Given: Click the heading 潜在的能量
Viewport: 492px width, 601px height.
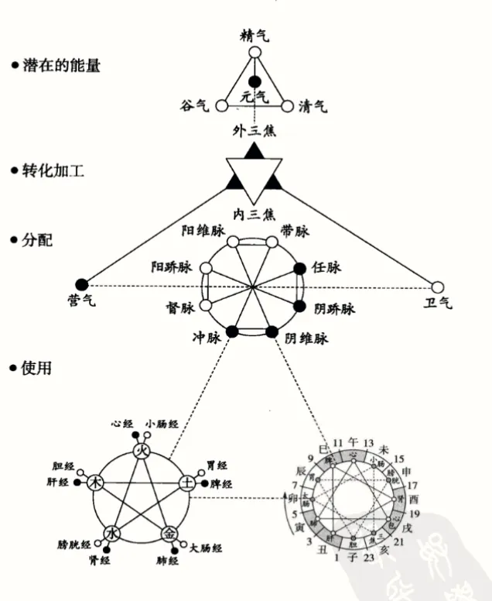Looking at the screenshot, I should (x=60, y=65).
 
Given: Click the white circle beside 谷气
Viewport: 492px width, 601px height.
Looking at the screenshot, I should (x=221, y=106).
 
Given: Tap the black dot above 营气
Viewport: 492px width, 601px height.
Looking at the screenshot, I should (x=83, y=284).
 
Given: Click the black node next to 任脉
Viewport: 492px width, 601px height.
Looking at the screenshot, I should (x=300, y=269).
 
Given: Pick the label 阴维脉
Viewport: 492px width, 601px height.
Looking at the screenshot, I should (x=307, y=338).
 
